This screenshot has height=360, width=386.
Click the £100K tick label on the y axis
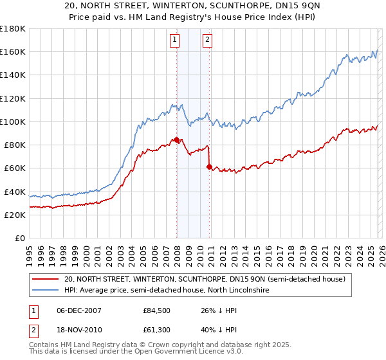(x=13, y=122)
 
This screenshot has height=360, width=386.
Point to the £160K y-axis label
(x=13, y=51)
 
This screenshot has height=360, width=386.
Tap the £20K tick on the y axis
(x=15, y=215)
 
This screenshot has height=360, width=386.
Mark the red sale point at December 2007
(x=176, y=139)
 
